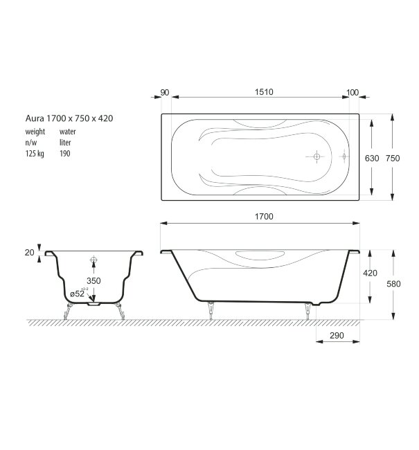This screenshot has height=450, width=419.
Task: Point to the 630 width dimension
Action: coord(371,159)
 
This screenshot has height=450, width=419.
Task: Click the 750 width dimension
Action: coord(393,159)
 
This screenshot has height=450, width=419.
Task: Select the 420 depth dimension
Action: coord(370,273)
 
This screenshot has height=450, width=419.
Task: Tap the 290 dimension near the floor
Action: coord(338,335)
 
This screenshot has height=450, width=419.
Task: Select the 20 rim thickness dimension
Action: coord(29,253)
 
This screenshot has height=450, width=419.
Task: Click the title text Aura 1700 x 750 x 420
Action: coord(69,118)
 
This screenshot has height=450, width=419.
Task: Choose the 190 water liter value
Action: coord(64,154)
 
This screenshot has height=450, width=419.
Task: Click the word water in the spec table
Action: coord(68,131)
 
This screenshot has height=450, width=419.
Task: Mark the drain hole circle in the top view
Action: coord(317,157)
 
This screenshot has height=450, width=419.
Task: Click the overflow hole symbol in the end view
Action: coord(94,262)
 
